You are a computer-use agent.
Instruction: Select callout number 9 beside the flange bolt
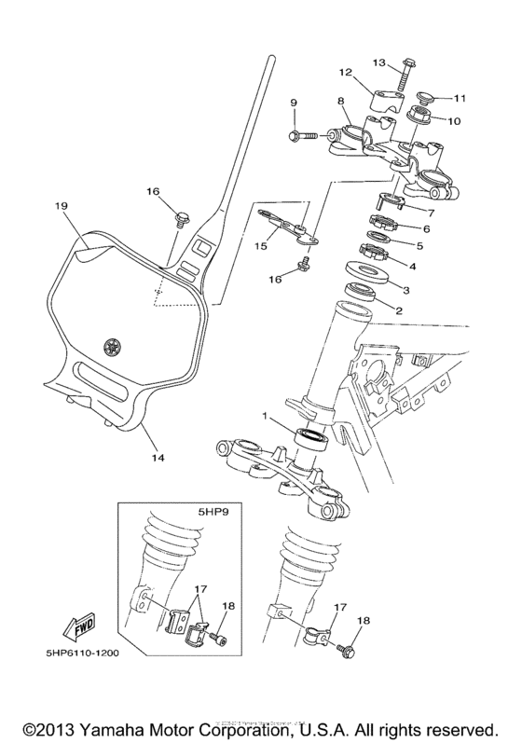[x=293, y=102]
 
